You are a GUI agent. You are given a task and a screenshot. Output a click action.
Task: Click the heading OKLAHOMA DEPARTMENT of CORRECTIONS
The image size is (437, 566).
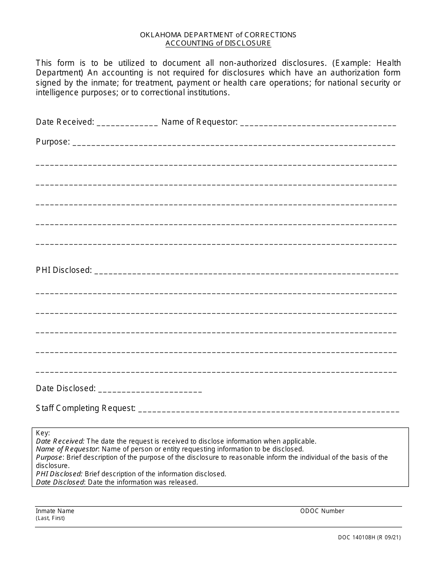(218, 35)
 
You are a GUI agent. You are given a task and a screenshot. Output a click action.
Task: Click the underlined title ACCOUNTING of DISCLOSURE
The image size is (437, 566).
(218, 43)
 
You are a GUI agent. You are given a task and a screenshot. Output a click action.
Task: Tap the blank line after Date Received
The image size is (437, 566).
(127, 123)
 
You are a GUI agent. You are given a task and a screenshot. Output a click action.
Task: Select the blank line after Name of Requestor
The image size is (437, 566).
(318, 123)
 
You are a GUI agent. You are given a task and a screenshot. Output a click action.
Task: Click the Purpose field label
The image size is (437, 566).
(52, 142)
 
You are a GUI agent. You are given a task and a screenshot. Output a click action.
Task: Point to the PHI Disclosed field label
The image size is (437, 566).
(64, 270)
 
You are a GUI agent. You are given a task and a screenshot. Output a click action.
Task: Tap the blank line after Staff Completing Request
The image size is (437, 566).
(268, 409)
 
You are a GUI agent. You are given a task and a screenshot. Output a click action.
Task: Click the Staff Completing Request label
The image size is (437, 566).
(86, 408)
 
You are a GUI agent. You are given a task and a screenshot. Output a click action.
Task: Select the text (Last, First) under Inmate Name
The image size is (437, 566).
(50, 518)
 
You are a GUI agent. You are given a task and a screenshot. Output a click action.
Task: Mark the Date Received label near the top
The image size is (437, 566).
(65, 122)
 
